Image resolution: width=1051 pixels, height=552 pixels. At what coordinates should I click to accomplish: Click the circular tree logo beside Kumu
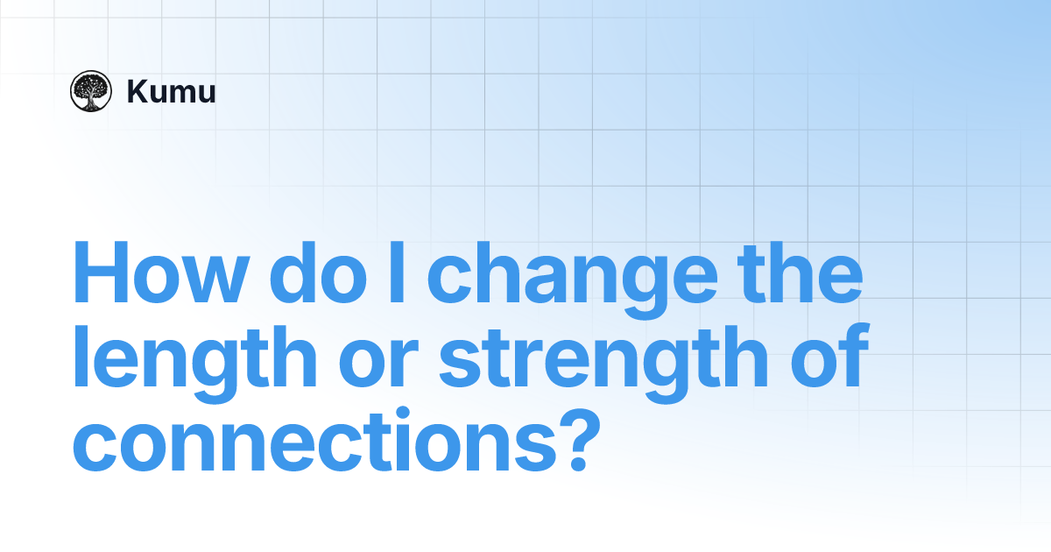tap(91, 91)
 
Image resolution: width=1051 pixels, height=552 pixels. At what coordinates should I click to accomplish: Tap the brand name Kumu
tap(171, 92)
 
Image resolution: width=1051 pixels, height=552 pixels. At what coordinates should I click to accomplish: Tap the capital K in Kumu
tap(137, 92)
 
